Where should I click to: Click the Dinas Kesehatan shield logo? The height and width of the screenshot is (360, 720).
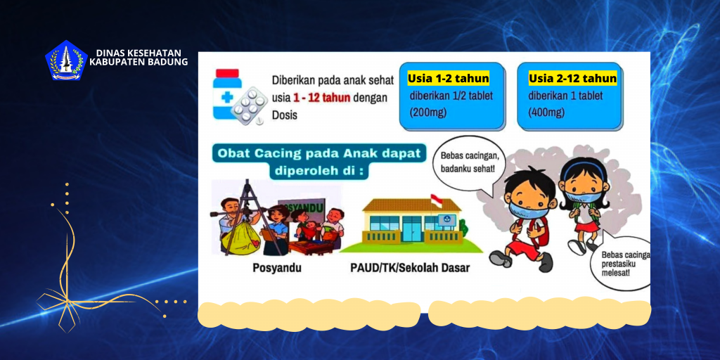[x=65, y=60]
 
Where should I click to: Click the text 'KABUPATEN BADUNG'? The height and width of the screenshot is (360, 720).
[x=139, y=62]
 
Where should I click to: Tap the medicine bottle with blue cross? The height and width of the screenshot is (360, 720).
[x=227, y=96]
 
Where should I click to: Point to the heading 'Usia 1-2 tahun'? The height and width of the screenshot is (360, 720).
[x=448, y=78]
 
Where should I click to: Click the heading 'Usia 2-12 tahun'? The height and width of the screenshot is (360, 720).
[x=572, y=78]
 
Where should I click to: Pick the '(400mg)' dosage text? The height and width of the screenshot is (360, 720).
[x=546, y=112]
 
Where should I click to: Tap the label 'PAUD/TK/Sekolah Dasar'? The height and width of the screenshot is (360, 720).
[x=410, y=268]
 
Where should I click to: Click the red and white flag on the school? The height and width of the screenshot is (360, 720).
[x=436, y=200]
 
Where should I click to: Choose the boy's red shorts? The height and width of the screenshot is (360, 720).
[x=522, y=247]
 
